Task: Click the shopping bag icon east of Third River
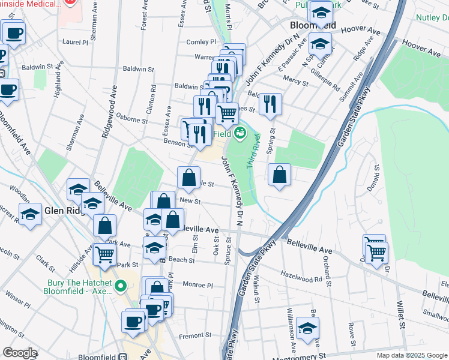tap(280, 175)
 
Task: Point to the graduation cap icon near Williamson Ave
tap(307, 329)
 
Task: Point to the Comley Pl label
tap(200, 42)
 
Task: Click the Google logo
tap(19, 353)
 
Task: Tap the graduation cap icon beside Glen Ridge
tap(29, 214)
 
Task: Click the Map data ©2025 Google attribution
tap(411, 355)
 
